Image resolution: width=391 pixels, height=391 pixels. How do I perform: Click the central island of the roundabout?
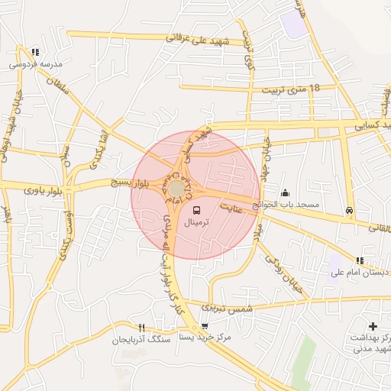click(177, 188)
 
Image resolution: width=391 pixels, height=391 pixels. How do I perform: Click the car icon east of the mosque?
click(349, 210)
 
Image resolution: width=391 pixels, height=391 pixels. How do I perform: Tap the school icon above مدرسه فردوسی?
click(35, 52)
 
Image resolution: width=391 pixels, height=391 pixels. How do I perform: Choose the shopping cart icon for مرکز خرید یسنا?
click(204, 325)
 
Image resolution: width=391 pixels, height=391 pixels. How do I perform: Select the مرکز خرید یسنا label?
click(209, 336)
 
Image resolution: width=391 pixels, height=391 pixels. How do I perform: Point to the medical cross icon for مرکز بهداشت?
click(373, 326)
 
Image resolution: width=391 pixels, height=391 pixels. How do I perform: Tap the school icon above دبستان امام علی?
click(360, 260)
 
